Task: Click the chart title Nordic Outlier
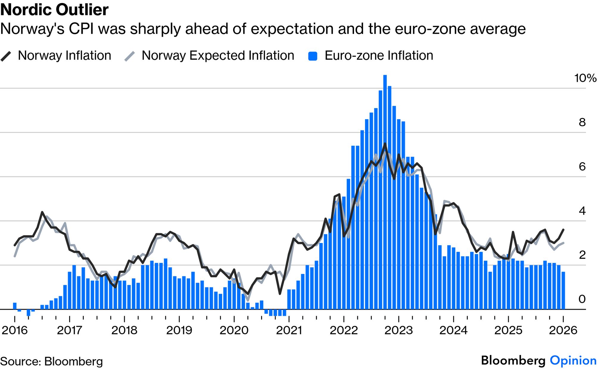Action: pos(54,10)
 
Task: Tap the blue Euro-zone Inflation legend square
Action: pos(313,56)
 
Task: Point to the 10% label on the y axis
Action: pos(585,78)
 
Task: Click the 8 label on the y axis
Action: pos(582,122)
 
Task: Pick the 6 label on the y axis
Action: pos(582,166)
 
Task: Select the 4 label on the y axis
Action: pos(582,211)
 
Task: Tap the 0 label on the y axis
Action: pos(582,299)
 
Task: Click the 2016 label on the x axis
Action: pos(15,330)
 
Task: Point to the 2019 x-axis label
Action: pos(179,330)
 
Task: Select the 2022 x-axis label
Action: pos(344,330)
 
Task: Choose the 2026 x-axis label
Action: pos(563,330)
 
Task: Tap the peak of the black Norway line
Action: pos(385,144)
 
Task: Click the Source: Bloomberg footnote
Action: pos(52,362)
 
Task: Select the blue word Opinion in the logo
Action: pos(573,360)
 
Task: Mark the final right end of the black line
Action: pos(563,230)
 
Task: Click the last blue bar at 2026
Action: pos(563,290)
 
